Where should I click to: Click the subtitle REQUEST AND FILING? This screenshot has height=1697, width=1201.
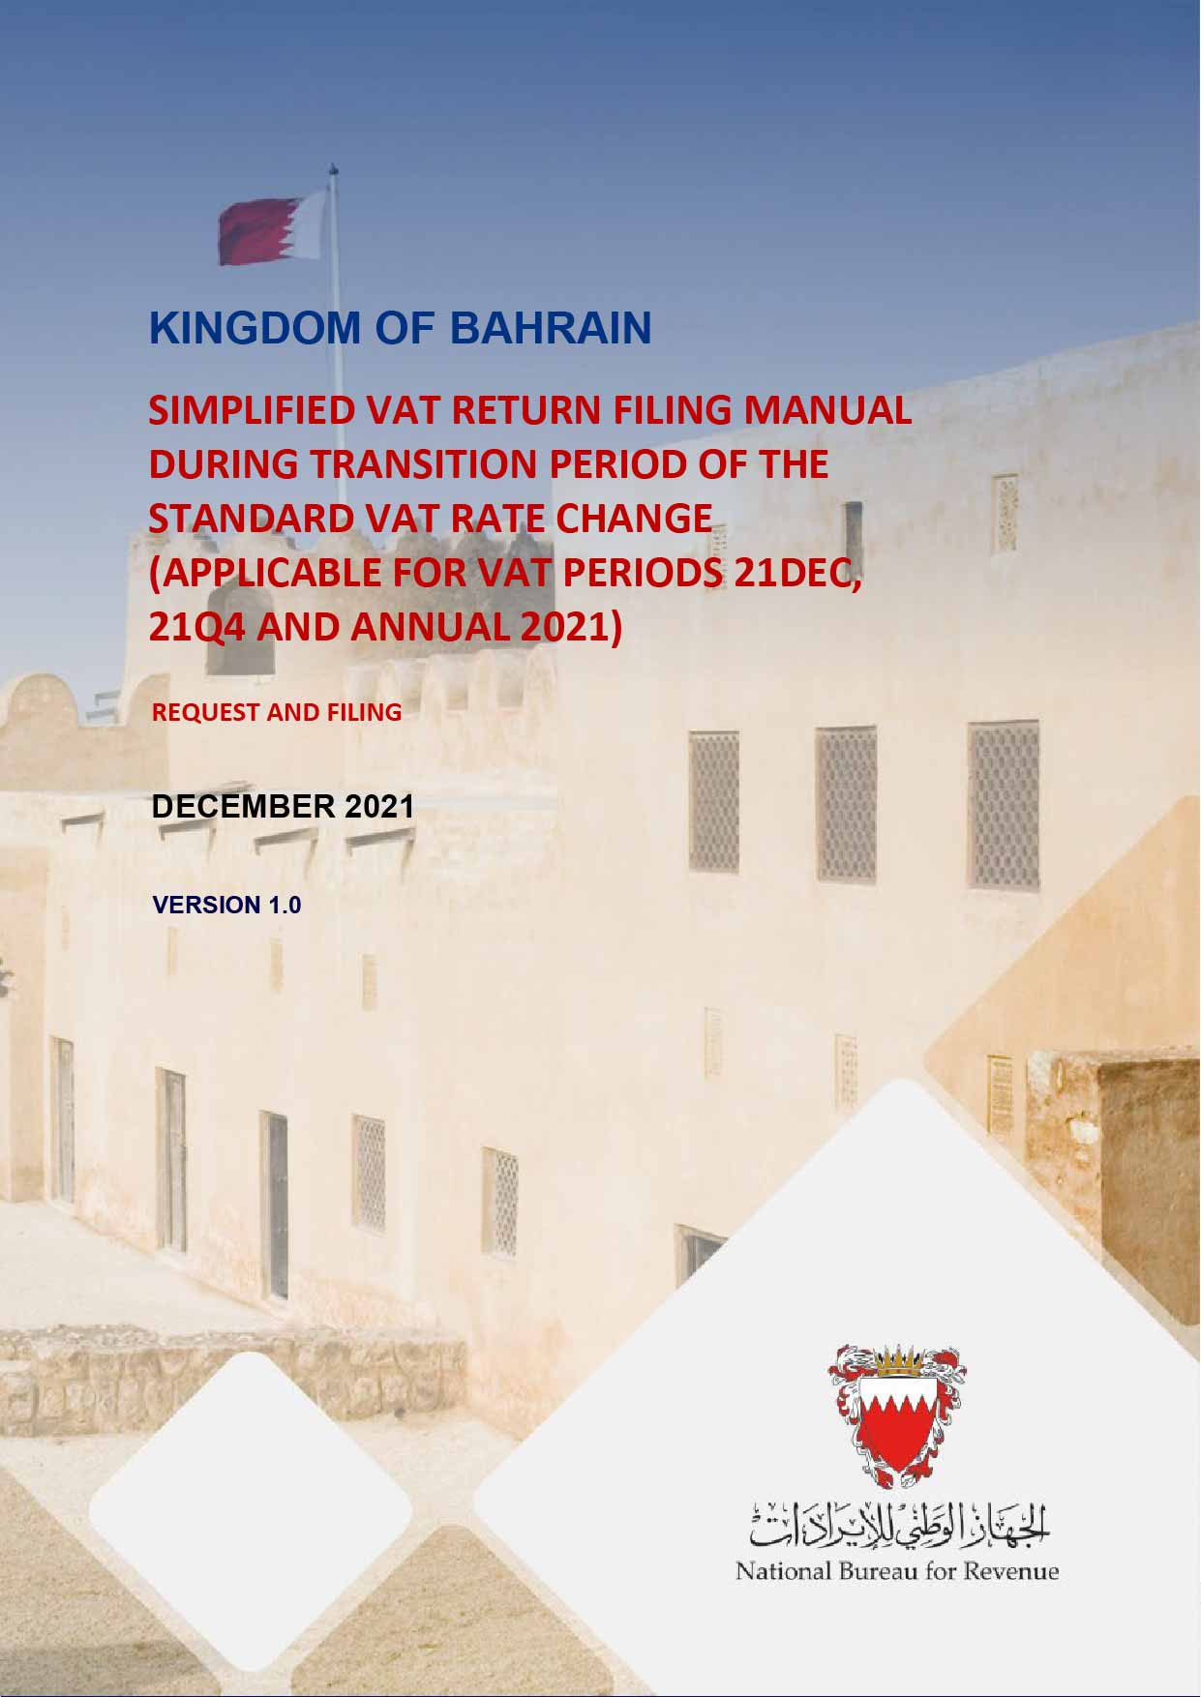[277, 713]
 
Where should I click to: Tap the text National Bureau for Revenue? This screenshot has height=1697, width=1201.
[897, 1570]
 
